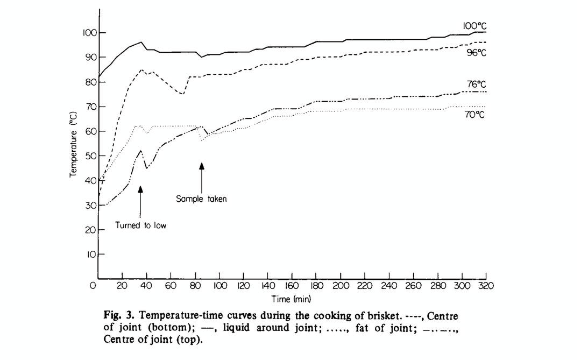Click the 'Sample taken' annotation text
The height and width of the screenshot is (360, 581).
coord(202,199)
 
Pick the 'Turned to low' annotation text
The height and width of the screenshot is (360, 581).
coord(141,225)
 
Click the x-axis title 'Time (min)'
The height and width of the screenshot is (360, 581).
coord(291,298)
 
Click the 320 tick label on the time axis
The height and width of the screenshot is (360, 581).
coord(486,286)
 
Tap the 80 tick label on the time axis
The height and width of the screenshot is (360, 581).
coord(195,286)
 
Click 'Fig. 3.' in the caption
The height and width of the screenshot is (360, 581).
coord(119,316)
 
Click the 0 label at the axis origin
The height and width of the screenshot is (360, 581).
coord(93,285)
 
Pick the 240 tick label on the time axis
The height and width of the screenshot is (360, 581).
coord(388,286)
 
